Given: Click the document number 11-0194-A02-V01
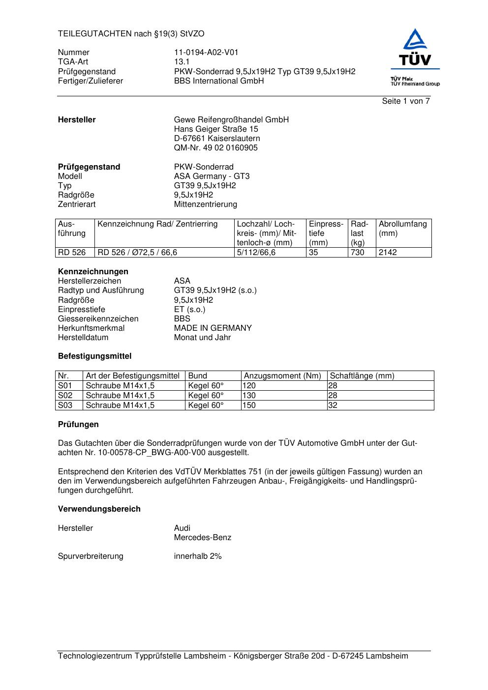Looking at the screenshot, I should (206, 53).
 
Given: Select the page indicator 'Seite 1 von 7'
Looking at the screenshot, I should (406, 101).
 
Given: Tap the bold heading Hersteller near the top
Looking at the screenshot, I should (77, 120).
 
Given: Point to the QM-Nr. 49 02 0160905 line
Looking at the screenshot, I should (215, 148).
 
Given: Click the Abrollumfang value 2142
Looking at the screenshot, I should (388, 253).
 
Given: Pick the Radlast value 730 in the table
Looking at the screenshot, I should (357, 253).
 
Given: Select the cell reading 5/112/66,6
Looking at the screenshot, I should (256, 253).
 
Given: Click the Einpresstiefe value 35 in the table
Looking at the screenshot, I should (314, 253).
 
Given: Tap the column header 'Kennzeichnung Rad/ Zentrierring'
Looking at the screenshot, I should (157, 224).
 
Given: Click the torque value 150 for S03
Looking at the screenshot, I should (249, 405).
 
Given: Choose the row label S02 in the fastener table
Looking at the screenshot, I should (65, 396).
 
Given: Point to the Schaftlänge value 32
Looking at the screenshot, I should (333, 405).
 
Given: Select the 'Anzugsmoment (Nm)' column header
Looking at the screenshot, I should (282, 376).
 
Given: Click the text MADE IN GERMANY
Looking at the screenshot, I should (213, 328).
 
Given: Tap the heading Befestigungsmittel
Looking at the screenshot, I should (94, 356).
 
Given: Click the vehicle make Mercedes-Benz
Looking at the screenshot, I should (202, 538).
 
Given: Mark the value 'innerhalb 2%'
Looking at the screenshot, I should (198, 556).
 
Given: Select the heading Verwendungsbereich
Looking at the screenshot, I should (99, 509).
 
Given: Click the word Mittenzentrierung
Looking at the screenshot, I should (205, 204).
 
